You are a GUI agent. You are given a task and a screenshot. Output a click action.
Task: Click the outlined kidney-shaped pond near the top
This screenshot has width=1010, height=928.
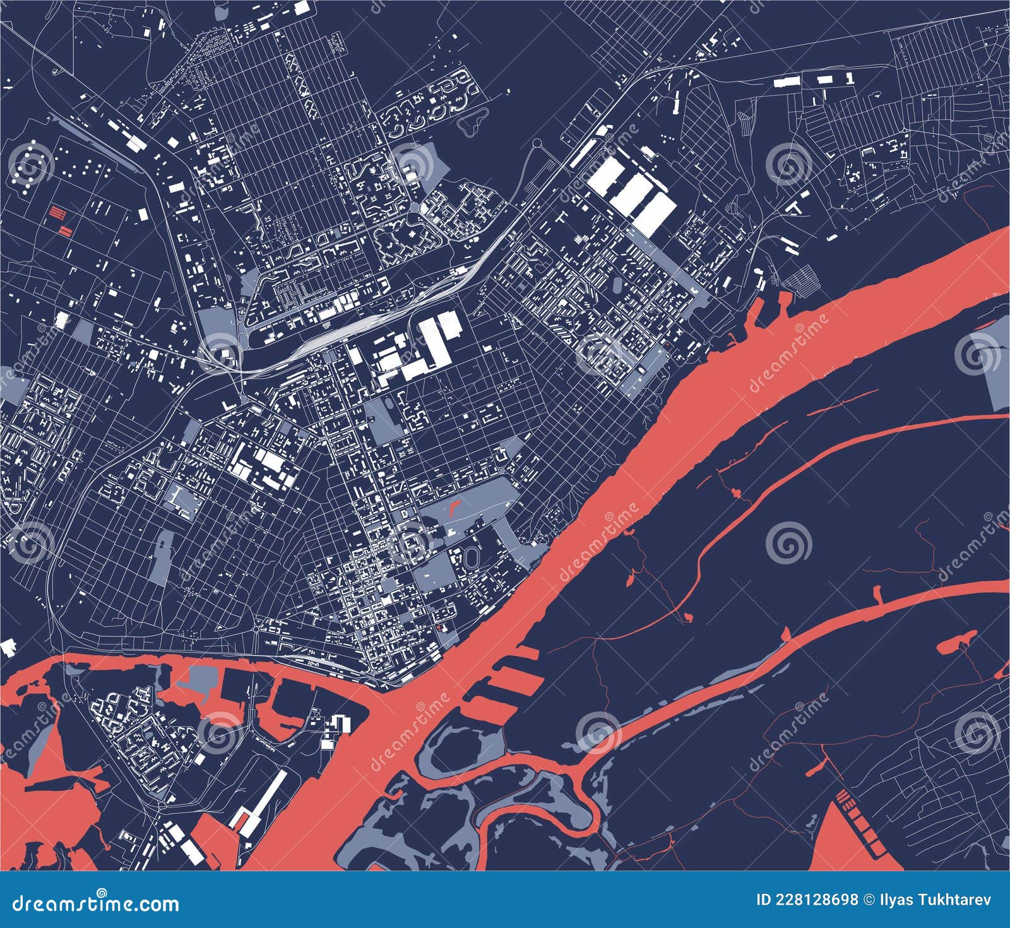click(475, 124)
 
